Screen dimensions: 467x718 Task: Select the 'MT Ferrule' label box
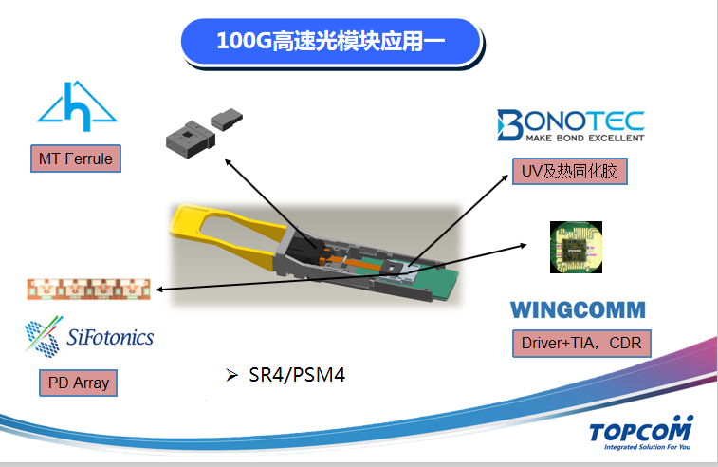[76, 159]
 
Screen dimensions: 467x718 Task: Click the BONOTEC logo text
[571, 121]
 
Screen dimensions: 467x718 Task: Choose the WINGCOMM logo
[578, 309]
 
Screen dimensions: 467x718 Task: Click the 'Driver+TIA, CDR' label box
[580, 343]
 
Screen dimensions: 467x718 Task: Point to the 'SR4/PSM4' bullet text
[295, 375]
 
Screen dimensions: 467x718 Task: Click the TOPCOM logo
[641, 430]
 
